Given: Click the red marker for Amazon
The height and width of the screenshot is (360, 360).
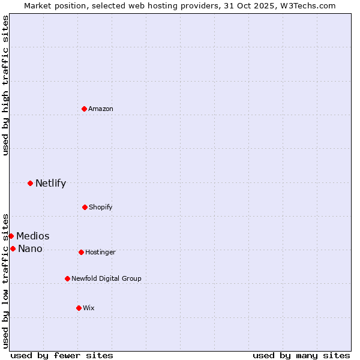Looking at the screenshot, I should point(84,109).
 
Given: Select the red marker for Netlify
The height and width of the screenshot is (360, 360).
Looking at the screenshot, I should point(30,183).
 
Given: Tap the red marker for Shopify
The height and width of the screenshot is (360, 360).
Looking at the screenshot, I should point(85,207).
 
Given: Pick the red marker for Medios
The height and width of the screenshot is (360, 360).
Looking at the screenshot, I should point(11,236).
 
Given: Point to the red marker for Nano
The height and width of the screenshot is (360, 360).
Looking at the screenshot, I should point(13,248).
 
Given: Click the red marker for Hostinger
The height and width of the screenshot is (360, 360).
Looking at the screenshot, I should point(81,252).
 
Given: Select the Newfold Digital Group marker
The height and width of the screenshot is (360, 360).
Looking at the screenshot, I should point(67,278).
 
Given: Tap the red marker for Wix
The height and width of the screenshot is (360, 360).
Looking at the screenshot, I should point(79,308).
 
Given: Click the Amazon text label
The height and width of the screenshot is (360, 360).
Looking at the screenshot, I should point(101,109).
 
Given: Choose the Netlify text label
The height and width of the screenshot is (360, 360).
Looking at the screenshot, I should point(50,183).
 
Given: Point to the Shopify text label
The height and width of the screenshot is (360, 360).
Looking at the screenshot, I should point(101,207).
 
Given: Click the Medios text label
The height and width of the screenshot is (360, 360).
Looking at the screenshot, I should point(33,236).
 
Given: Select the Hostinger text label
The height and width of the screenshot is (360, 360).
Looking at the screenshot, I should point(100,252).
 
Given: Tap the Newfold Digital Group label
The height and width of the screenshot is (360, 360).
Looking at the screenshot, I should point(107,278).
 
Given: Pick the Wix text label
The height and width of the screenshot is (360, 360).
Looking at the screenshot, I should point(89,308).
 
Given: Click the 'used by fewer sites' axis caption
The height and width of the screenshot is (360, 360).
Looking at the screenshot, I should point(62,355).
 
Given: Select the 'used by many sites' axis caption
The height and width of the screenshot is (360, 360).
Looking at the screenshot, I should point(301,355).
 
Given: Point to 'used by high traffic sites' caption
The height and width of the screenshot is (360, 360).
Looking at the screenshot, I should point(5,85).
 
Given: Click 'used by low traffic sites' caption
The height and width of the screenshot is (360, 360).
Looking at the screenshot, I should point(5,280).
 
